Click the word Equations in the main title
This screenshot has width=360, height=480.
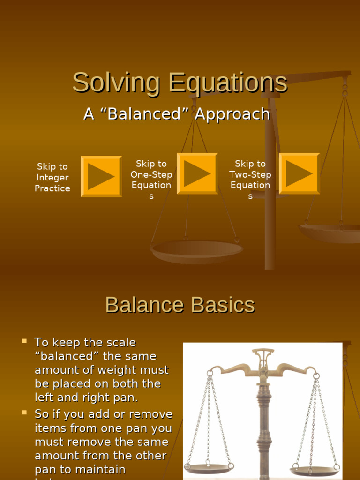pos(228,83)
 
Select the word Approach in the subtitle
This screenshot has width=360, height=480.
pos(232,114)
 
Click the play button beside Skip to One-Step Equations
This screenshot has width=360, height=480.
pos(197,173)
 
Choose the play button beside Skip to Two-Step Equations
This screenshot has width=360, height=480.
pos(299,173)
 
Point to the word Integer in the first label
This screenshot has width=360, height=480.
pos(52,178)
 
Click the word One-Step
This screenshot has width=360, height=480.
pos(151,174)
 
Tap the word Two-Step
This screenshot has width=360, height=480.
pos(250,174)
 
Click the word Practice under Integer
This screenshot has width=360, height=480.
pos(52,188)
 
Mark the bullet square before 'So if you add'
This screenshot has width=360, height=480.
pos(24,412)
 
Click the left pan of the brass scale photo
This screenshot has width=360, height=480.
pos(209,467)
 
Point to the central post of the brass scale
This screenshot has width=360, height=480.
pos(263,422)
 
